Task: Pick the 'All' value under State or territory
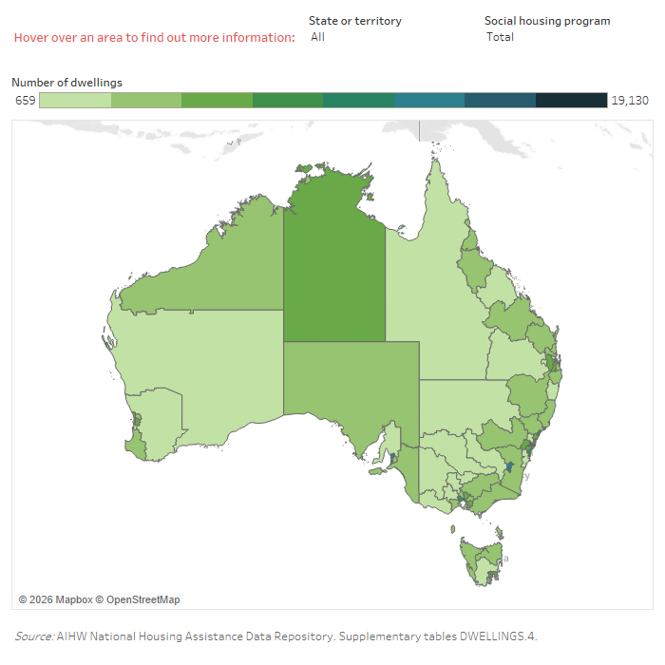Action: pos(317,37)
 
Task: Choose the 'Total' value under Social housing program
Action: pos(500,37)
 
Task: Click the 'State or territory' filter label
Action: pos(354,21)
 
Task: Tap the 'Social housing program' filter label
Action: pos(547,21)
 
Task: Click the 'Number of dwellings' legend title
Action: pos(66,83)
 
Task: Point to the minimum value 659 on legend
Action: pos(25,101)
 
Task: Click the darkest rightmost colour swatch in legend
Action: pos(571,101)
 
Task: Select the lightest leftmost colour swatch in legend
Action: pos(75,101)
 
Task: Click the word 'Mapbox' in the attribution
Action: pos(72,599)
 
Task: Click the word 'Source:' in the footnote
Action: pos(34,636)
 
